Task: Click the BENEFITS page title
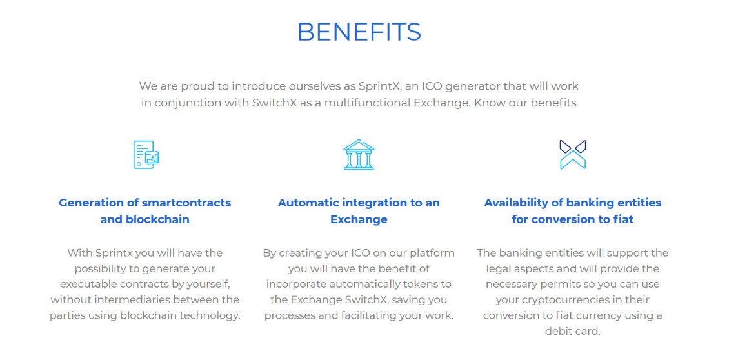click(359, 32)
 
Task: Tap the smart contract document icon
click(146, 154)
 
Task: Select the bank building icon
click(359, 154)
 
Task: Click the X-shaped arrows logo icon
click(572, 154)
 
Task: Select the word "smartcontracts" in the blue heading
click(186, 203)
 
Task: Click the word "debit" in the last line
click(558, 332)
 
